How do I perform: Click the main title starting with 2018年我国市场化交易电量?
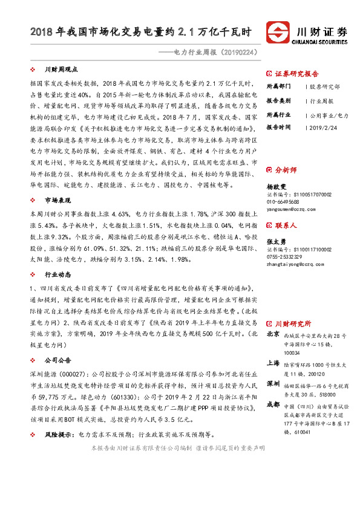coord(142,31)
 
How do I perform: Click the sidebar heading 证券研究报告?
coord(296,74)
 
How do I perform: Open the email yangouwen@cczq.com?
coord(290,207)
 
